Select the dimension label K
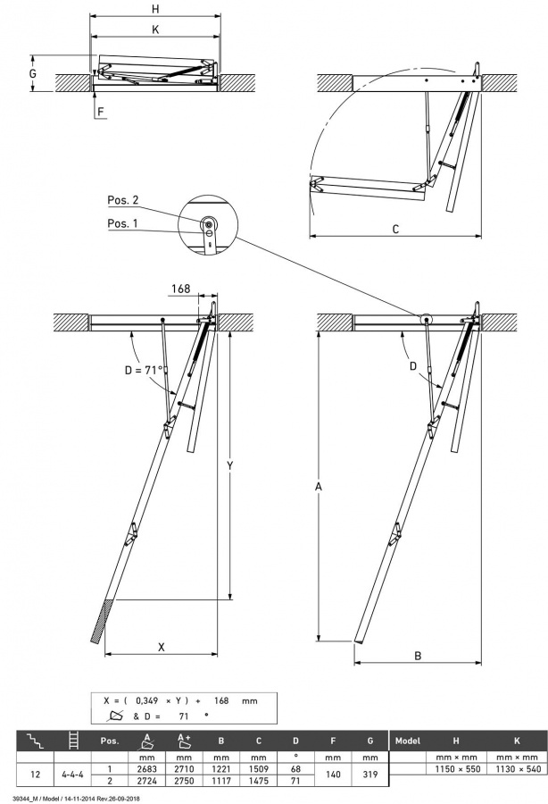point(155,29)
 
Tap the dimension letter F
point(100,112)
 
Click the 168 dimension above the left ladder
point(180,289)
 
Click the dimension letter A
point(319,488)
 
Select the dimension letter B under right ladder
point(417,655)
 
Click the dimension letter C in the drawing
point(395,229)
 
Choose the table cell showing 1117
point(220,780)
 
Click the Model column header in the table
point(407,741)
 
